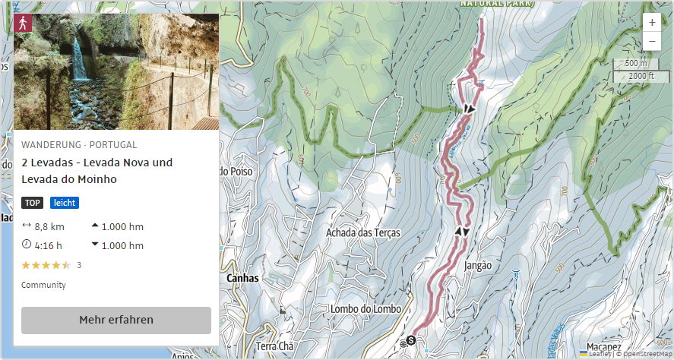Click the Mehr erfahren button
click(115, 320)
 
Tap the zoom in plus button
click(651, 23)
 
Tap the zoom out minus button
click(651, 41)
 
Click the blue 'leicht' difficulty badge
click(65, 203)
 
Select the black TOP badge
click(32, 203)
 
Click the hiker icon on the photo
click(24, 23)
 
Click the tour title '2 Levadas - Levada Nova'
click(97, 163)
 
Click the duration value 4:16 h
click(49, 245)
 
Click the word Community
click(43, 285)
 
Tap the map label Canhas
click(242, 278)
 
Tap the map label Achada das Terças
click(362, 232)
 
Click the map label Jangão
click(478, 266)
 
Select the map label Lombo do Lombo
click(365, 308)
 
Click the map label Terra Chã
click(275, 346)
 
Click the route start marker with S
click(411, 340)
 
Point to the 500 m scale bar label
click(631, 63)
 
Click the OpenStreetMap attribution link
click(644, 353)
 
